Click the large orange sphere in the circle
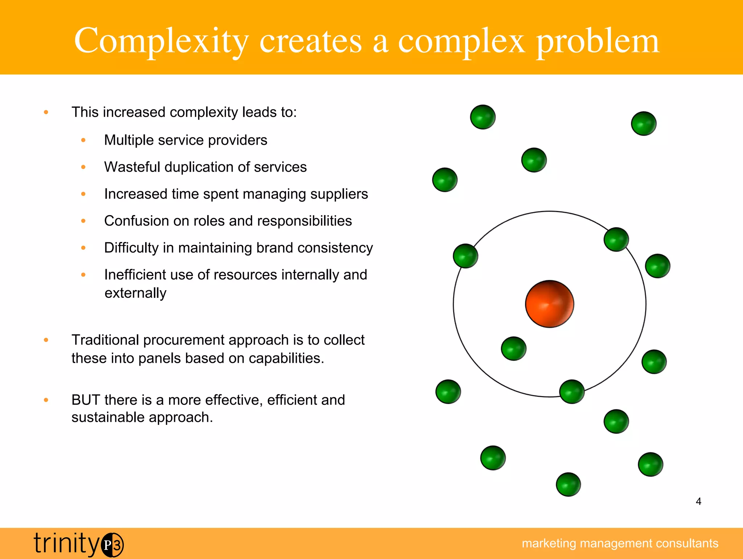click(549, 304)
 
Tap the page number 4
click(698, 501)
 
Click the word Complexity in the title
click(161, 41)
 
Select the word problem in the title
click(598, 41)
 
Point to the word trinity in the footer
click(66, 543)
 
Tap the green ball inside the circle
click(513, 349)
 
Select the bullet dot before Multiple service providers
click(83, 140)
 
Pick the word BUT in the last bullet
click(86, 400)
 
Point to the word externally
click(135, 293)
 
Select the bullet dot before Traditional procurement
click(46, 340)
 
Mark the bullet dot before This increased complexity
click(46, 112)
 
